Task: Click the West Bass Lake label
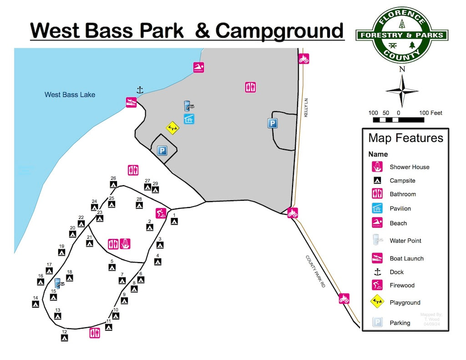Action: click(x=70, y=95)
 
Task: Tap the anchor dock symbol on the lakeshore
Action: click(x=140, y=90)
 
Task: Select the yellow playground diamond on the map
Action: click(x=172, y=128)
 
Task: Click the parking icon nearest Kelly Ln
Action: click(x=273, y=123)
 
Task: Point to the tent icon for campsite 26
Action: click(x=113, y=185)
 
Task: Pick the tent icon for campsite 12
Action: click(x=65, y=338)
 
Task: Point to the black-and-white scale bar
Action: click(x=398, y=120)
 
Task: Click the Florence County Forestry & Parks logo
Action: click(x=401, y=35)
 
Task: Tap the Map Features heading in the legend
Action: click(x=405, y=138)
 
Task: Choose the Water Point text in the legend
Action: click(x=405, y=241)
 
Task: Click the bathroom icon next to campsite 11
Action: click(x=95, y=333)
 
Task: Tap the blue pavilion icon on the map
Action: click(x=189, y=119)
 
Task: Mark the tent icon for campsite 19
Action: click(x=61, y=253)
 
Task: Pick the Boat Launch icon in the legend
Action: click(x=377, y=258)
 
